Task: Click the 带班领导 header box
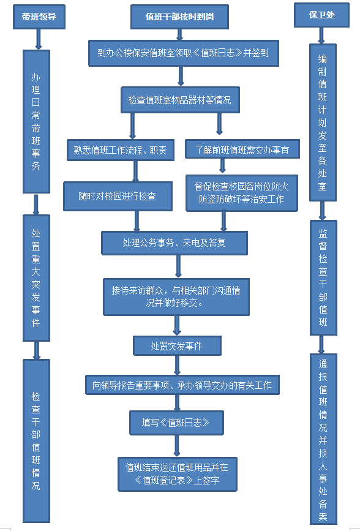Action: [39, 17]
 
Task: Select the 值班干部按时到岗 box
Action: [179, 17]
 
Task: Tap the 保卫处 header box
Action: [321, 15]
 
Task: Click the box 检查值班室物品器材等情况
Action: [180, 100]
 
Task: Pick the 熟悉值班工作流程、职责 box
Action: [120, 150]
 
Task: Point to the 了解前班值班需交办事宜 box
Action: [242, 149]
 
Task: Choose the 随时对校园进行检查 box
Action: [118, 197]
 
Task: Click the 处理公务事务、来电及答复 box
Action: [174, 243]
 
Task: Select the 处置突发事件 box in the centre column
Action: [177, 346]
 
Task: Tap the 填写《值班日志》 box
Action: [176, 423]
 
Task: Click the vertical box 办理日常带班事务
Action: [36, 122]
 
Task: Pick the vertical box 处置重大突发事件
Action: [36, 277]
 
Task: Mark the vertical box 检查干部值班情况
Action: [36, 441]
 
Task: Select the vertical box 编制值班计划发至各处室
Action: [323, 122]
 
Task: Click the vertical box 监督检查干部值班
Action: [323, 277]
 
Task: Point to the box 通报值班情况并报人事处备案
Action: [323, 439]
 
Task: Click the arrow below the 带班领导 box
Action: [38, 40]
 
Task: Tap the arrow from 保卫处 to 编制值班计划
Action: [321, 36]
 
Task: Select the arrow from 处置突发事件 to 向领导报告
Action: [177, 366]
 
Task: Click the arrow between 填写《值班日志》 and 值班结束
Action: [176, 446]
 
